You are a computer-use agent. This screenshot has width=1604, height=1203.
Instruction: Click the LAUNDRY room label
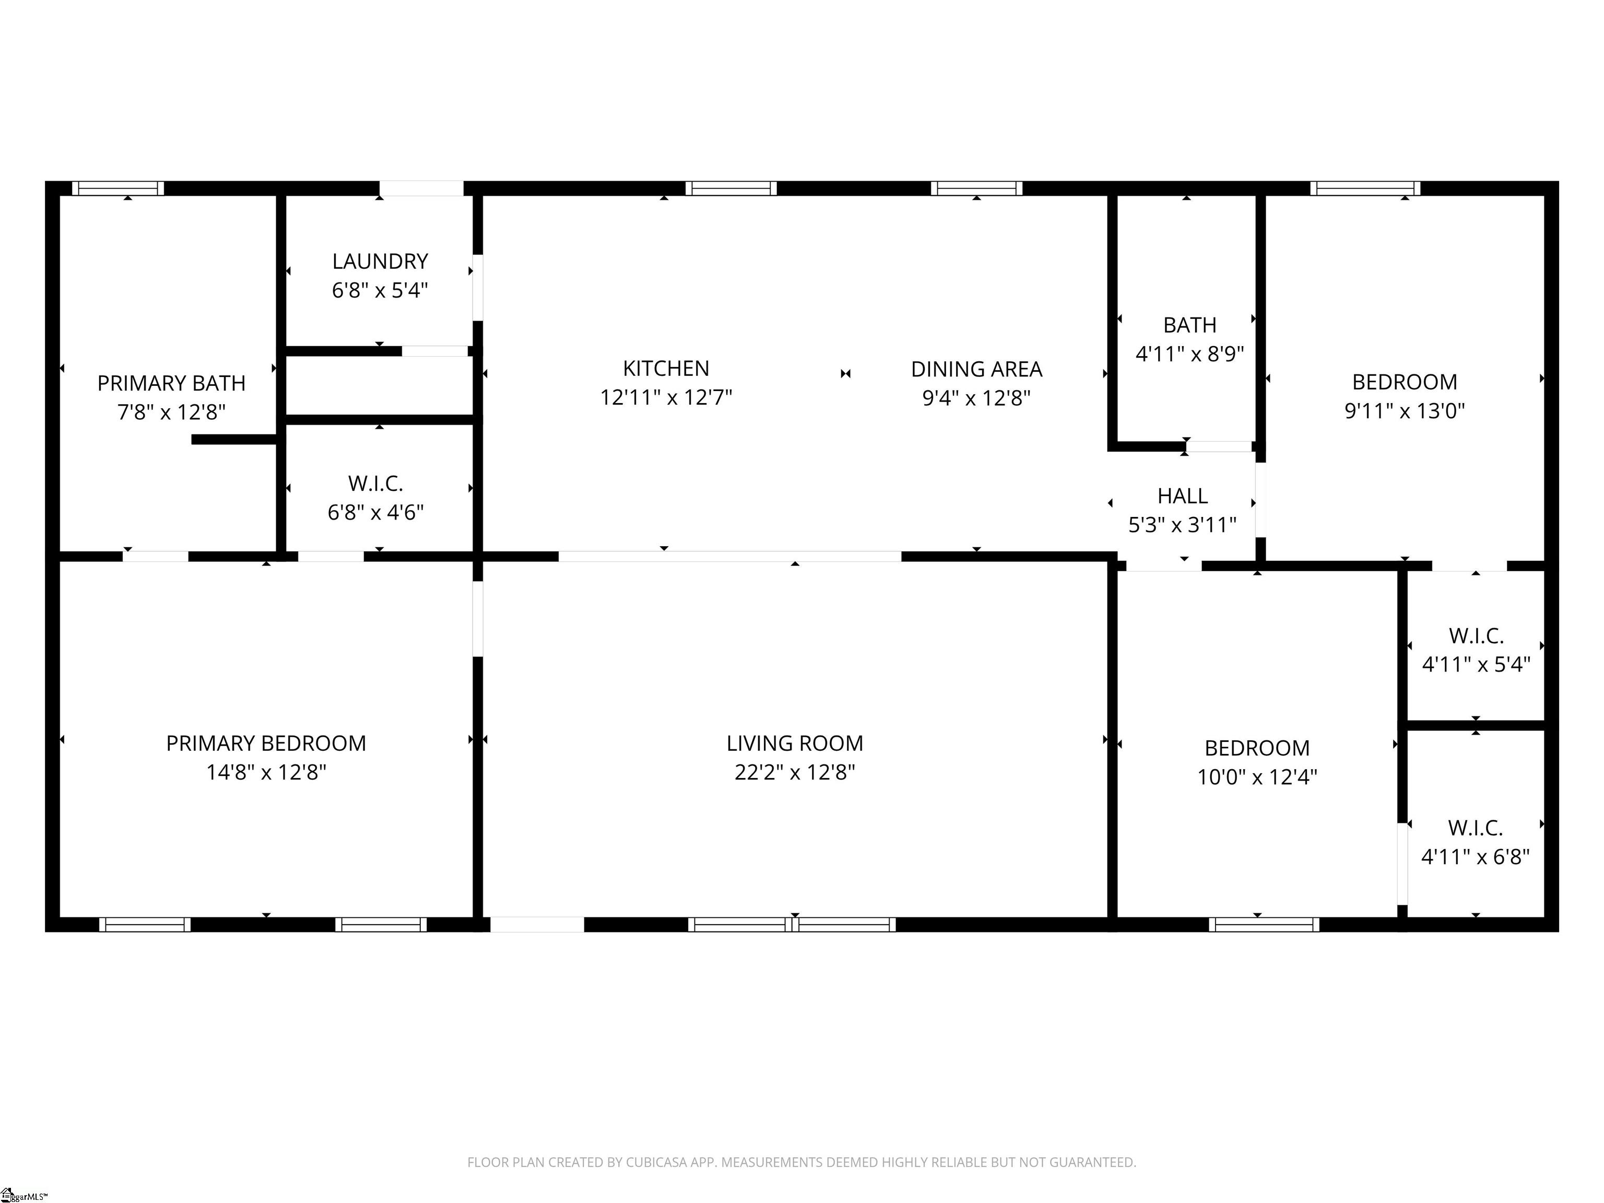(x=380, y=261)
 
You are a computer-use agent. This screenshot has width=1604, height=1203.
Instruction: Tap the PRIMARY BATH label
(x=171, y=383)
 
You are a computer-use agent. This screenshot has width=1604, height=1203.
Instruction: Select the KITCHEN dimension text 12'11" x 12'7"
(x=666, y=397)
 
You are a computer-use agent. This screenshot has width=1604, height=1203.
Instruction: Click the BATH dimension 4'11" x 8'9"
(x=1189, y=354)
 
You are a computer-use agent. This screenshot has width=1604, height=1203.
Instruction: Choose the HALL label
(x=1182, y=496)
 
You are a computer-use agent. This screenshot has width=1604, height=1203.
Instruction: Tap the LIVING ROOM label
(x=795, y=744)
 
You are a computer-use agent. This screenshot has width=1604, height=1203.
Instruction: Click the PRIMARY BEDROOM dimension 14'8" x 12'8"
(x=266, y=772)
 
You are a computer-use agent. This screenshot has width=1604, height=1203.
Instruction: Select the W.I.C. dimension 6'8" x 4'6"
(x=375, y=513)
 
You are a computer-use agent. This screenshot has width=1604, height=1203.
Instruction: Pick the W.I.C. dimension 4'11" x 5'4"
(x=1476, y=664)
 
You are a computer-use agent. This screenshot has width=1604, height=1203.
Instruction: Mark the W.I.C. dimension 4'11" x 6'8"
(x=1475, y=856)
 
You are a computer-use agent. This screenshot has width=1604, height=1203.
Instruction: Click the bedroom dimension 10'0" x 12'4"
(x=1257, y=776)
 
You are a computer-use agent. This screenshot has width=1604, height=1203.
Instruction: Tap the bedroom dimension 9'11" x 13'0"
(x=1405, y=411)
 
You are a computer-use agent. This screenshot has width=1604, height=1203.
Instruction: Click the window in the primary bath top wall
(x=118, y=188)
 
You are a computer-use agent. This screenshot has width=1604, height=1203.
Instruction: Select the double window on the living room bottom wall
(x=792, y=925)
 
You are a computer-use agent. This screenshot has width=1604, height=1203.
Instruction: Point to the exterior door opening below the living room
(x=537, y=925)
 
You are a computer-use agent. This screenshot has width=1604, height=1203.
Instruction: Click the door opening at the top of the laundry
(x=421, y=188)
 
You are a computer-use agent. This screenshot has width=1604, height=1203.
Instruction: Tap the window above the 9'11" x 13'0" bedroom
(x=1365, y=188)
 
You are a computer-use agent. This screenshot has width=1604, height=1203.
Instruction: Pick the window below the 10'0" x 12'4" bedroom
(x=1264, y=925)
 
